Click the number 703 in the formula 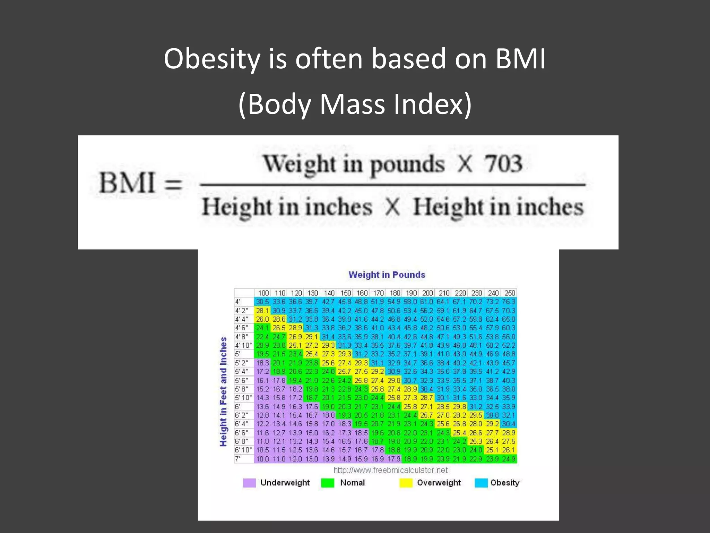tap(503, 164)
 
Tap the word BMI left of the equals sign tap(127, 183)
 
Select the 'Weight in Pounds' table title tap(387, 275)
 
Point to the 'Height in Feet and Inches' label tap(224, 391)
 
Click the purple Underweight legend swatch tap(249, 483)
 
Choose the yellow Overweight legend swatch tap(406, 483)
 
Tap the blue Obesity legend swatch tap(481, 483)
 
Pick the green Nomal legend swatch tap(328, 483)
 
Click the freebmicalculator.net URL tap(390, 470)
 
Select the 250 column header tap(509, 293)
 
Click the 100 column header tap(263, 293)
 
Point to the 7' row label tap(238, 459)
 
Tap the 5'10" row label tap(243, 398)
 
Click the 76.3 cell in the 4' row tap(509, 302)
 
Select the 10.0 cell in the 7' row tap(262, 459)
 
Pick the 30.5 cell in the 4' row tap(262, 302)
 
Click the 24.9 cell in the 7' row tap(509, 459)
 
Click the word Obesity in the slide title tap(212, 59)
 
